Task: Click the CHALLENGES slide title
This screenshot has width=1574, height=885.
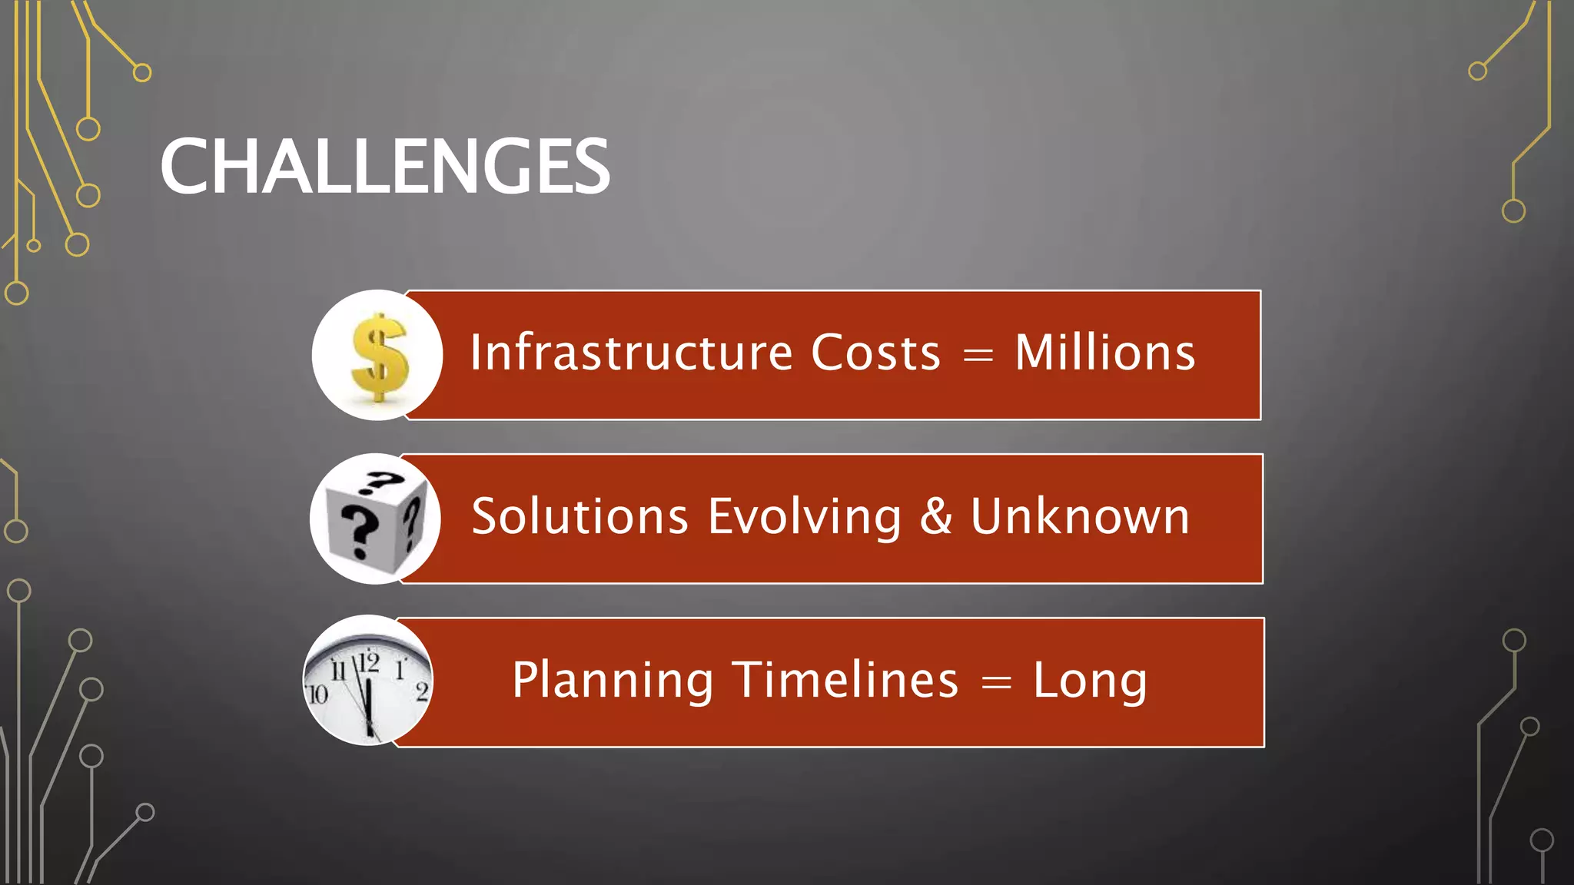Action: pyautogui.click(x=384, y=167)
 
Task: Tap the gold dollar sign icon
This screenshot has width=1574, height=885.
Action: pyautogui.click(x=377, y=356)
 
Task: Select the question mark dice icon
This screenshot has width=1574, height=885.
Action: pyautogui.click(x=376, y=519)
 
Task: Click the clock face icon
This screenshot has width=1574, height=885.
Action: pyautogui.click(x=368, y=681)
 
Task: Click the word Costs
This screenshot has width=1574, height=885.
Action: pyautogui.click(x=875, y=353)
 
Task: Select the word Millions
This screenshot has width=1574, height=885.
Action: pyautogui.click(x=1104, y=353)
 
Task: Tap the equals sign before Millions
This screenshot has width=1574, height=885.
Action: pyautogui.click(x=978, y=356)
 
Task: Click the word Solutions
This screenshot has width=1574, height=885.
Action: pyautogui.click(x=579, y=516)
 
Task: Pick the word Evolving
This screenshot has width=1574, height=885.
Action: pyautogui.click(x=804, y=516)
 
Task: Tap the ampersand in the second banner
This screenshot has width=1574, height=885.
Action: pyautogui.click(x=935, y=516)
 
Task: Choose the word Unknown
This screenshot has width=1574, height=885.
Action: pyautogui.click(x=1080, y=516)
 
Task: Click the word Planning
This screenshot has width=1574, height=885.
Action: pyautogui.click(x=613, y=681)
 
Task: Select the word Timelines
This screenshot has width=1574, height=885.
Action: pyautogui.click(x=845, y=680)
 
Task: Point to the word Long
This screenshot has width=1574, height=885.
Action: pyautogui.click(x=1090, y=681)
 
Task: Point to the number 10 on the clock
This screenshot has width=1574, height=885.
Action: pyautogui.click(x=317, y=695)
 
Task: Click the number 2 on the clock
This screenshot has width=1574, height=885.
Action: pyautogui.click(x=422, y=691)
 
